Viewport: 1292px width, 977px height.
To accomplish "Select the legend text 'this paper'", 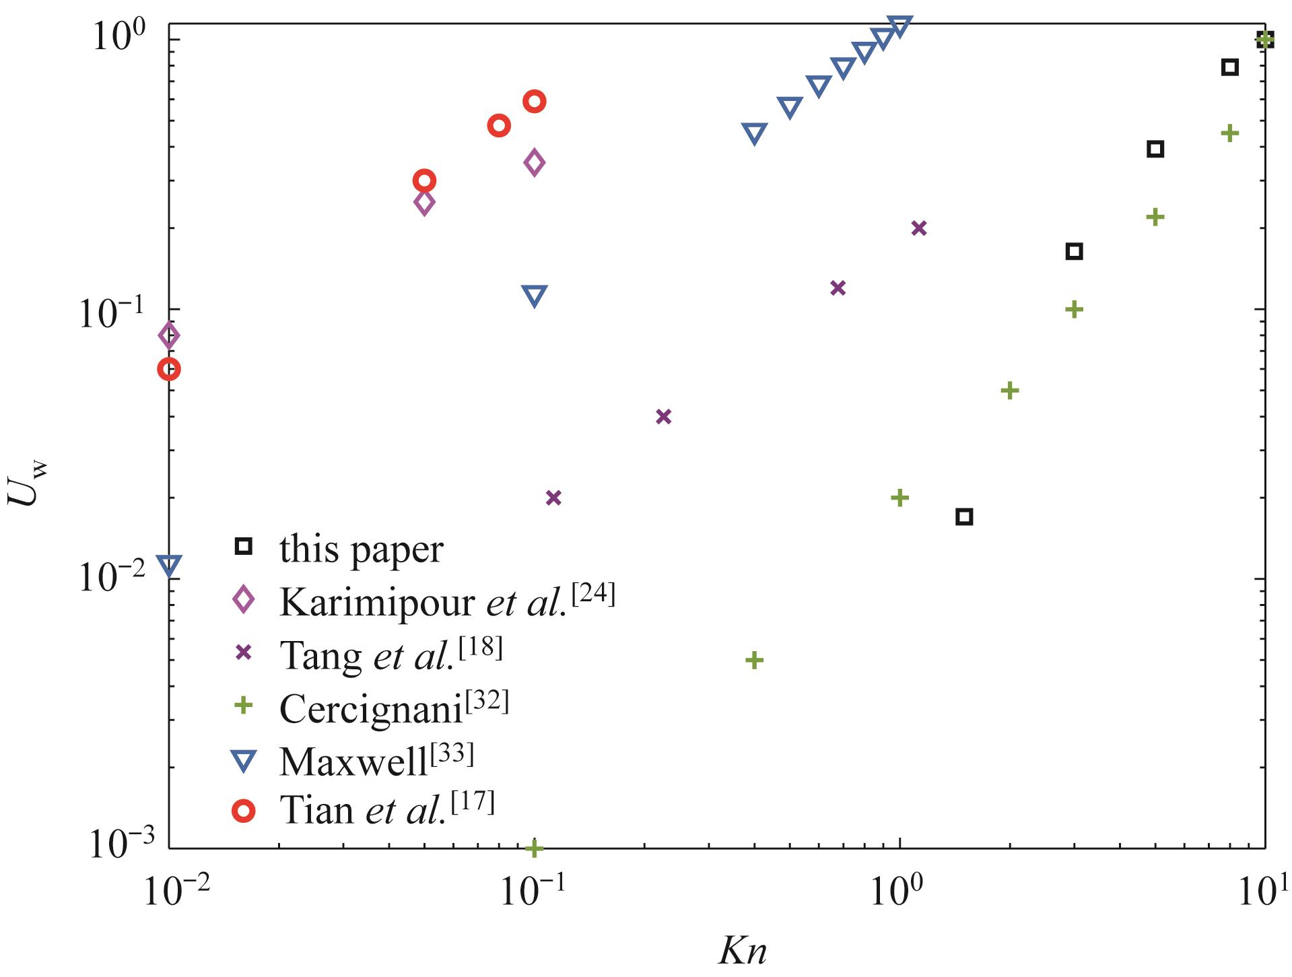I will [x=362, y=549].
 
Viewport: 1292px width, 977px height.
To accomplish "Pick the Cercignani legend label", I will [x=394, y=707].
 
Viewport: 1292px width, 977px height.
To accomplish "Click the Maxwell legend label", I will [x=376, y=760].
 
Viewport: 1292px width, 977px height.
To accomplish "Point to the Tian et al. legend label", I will [x=387, y=810].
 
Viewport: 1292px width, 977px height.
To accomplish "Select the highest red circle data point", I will [x=534, y=102].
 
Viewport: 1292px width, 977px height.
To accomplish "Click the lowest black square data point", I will [x=964, y=516].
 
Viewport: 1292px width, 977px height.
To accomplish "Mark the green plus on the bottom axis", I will [x=534, y=848].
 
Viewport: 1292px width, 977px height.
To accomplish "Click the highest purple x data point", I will [x=919, y=228].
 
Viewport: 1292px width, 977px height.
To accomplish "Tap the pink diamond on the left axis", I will [x=169, y=335].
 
